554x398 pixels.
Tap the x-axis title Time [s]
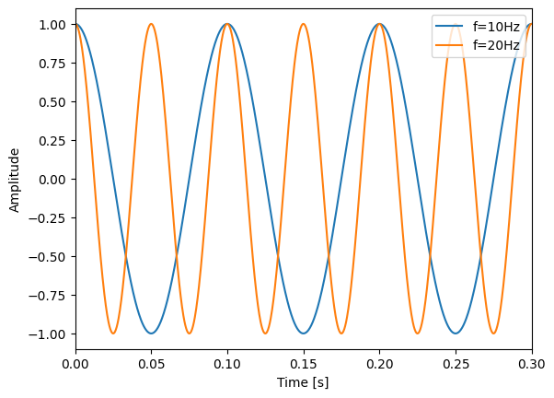[x=304, y=382]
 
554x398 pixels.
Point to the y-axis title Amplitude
[x=14, y=179]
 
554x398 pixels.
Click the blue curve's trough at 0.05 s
[x=152, y=334]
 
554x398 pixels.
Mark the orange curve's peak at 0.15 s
[x=304, y=24]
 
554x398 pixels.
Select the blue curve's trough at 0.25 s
[x=456, y=334]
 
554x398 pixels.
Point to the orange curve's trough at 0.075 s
[x=190, y=334]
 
